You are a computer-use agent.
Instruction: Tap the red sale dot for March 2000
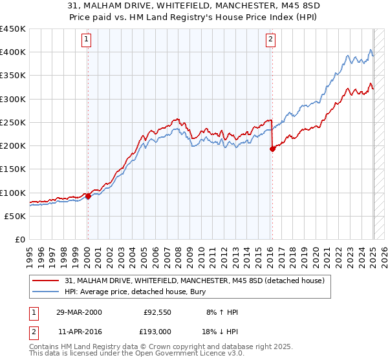[88, 197]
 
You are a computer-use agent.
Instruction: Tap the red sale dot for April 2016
[272, 149]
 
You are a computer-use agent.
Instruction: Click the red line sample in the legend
[47, 280]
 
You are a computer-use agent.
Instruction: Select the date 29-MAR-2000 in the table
[78, 313]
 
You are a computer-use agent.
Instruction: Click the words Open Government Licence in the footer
[197, 355]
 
